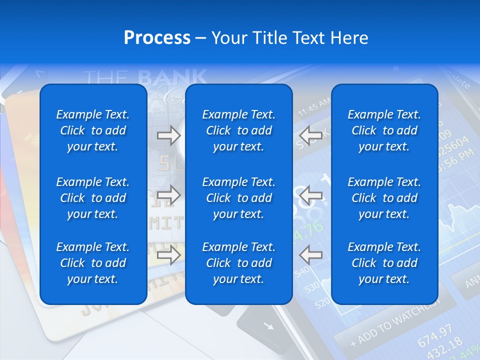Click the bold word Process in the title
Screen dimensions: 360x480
157,37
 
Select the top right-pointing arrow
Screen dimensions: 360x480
168,135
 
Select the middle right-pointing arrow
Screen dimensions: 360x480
168,195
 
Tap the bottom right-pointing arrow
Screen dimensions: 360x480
168,255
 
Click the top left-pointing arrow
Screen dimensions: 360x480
310,135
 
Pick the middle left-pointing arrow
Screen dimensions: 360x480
310,195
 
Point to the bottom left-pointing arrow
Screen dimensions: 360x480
310,255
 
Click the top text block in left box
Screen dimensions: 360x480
93,130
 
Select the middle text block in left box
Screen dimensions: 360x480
93,198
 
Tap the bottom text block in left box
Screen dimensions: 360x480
93,263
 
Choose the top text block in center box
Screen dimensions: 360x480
238,130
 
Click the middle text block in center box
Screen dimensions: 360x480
238,198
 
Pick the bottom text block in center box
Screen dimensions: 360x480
238,263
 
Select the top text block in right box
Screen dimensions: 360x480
384,130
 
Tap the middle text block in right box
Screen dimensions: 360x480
384,198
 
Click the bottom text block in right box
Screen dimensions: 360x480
384,263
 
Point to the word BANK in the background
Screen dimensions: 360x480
172,77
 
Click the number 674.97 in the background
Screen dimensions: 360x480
434,332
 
